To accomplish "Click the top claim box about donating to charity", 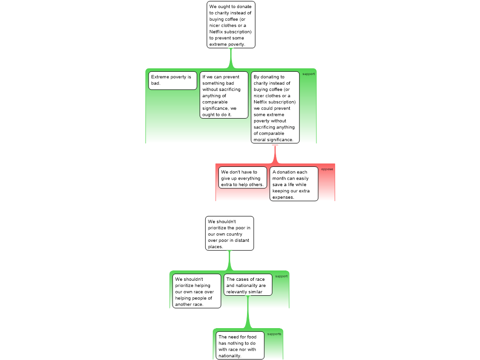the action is (231, 25).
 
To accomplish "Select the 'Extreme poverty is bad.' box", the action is (172, 81).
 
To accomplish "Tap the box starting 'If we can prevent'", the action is (224, 95).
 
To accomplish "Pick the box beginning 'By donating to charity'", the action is (275, 107).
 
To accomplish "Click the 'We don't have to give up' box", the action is (243, 178).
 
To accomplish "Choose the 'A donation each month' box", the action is (294, 184).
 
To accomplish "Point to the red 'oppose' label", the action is (327, 169).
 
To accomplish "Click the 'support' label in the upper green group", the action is (308, 74).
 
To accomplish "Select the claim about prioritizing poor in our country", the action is (230, 233).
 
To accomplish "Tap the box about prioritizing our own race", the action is (197, 291).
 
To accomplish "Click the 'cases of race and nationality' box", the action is (248, 285).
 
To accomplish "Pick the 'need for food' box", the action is (240, 345).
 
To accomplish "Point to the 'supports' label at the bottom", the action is (274, 334).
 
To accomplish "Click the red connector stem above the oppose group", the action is (275, 155).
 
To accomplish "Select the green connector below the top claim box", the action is (231, 59).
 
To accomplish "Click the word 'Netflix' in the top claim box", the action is (217, 32).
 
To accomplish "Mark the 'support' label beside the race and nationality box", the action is (281, 277).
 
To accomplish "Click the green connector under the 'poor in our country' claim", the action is (230, 261).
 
